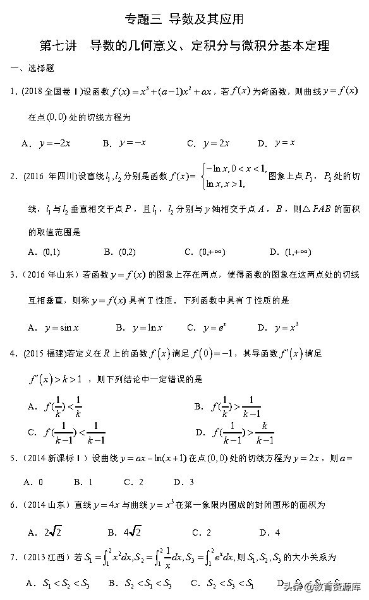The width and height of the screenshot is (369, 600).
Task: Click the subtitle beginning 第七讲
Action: click(184, 46)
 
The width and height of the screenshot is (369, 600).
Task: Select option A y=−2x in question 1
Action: click(46, 144)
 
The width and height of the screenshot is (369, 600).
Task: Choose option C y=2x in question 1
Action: click(208, 144)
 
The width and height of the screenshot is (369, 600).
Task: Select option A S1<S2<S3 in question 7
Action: click(56, 582)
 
